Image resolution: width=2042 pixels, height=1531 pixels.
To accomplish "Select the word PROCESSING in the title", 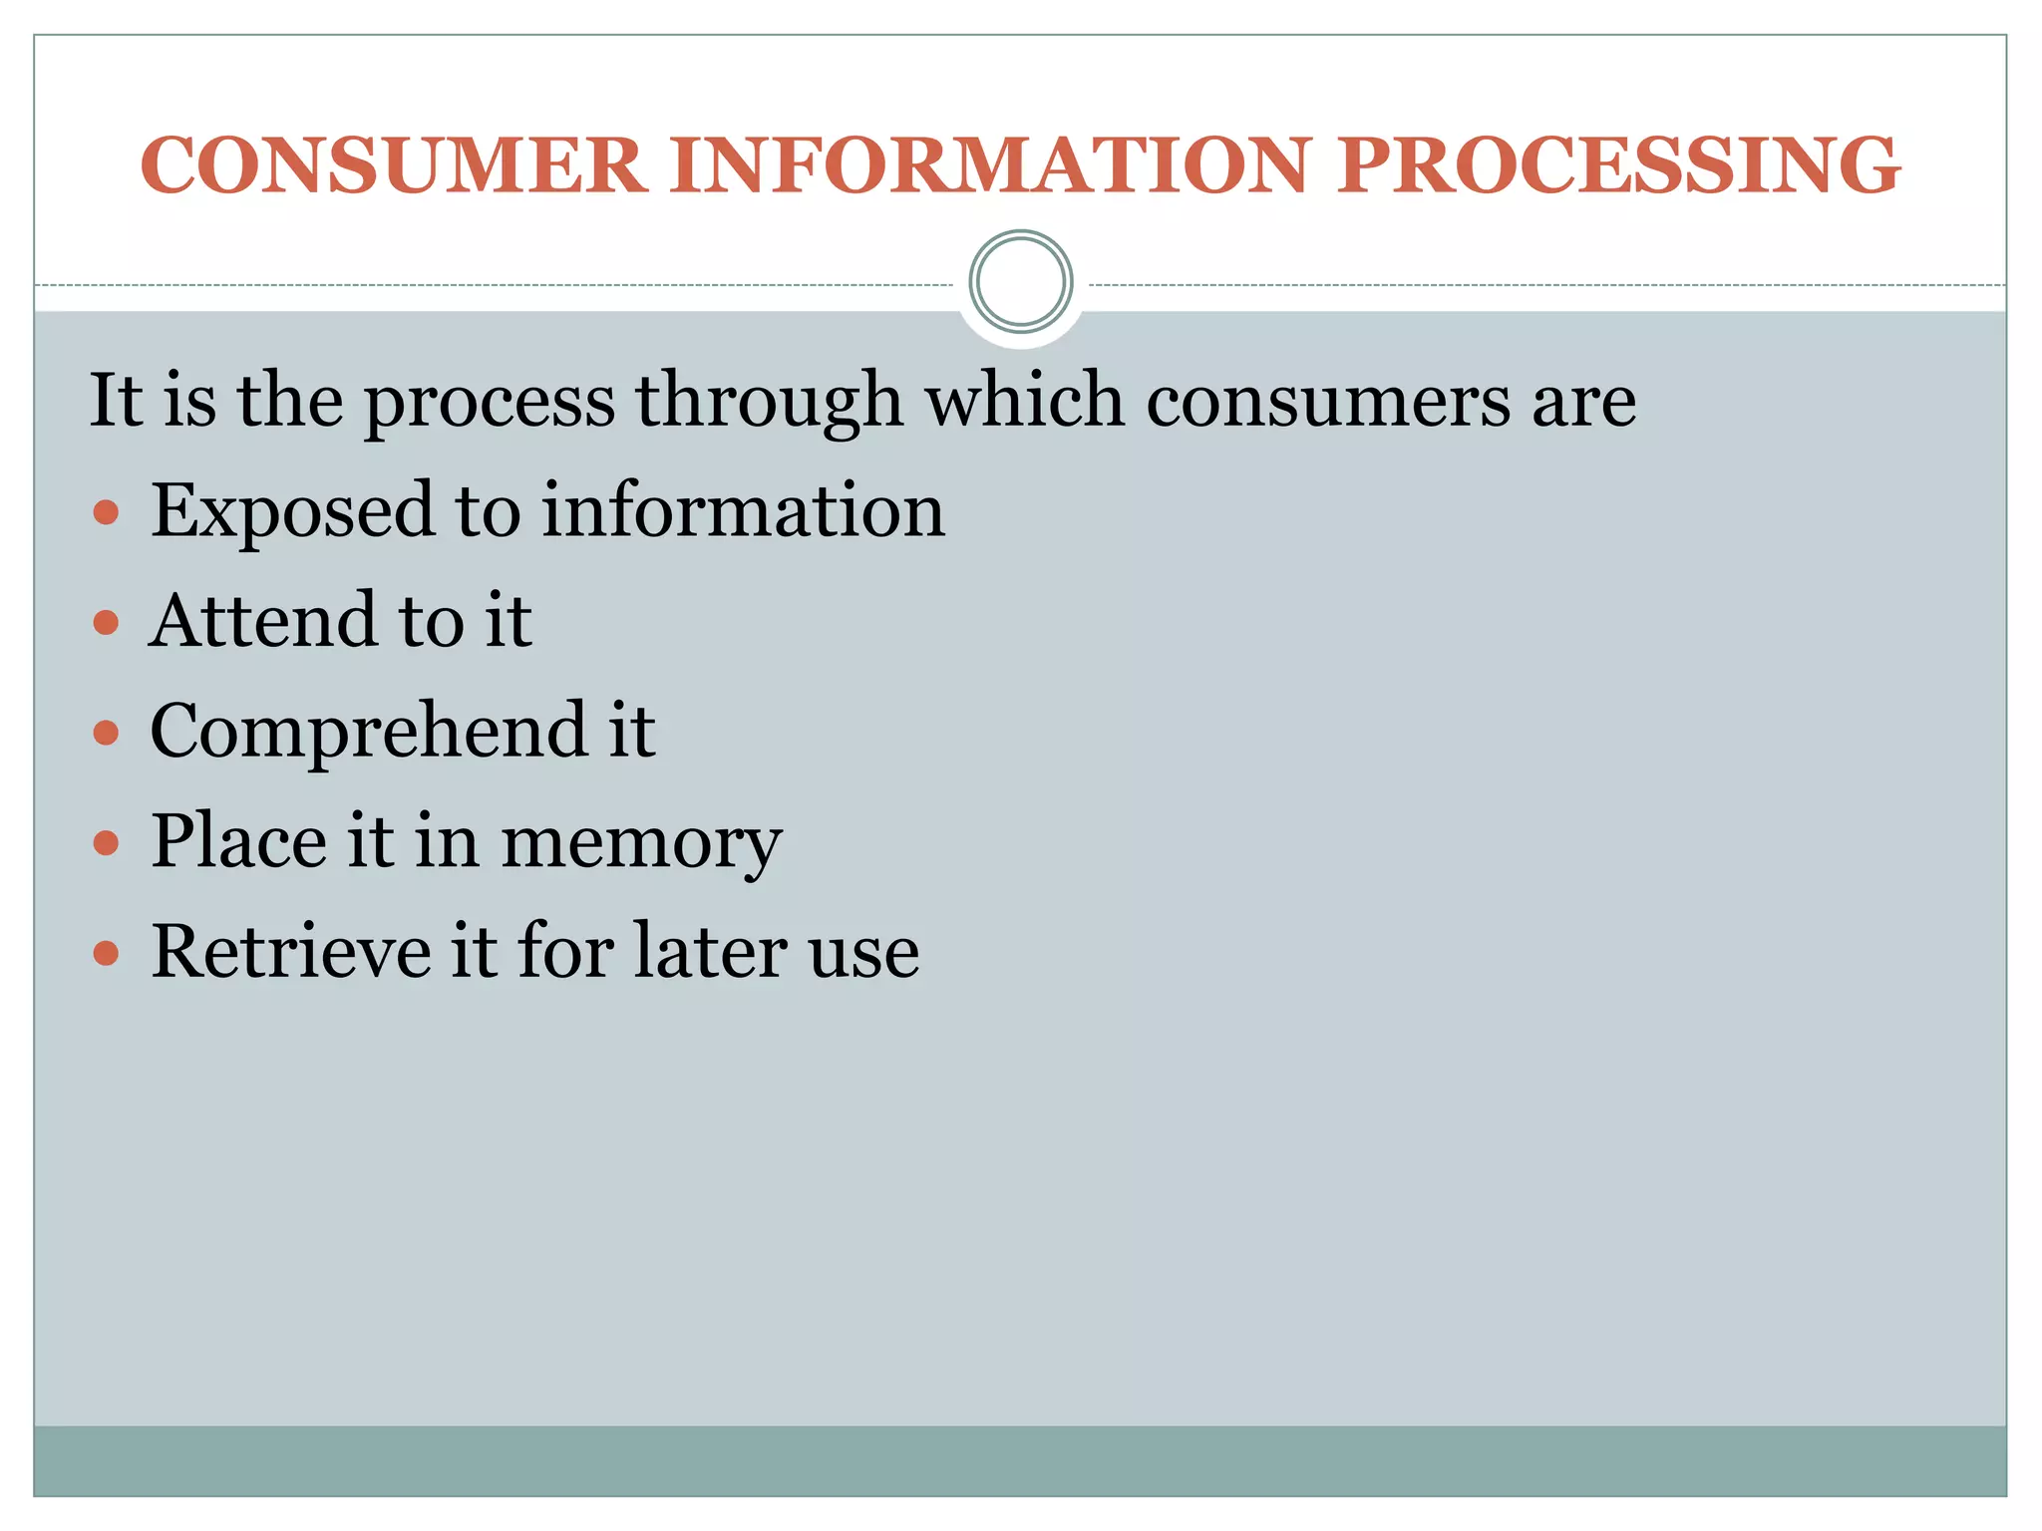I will tap(1618, 164).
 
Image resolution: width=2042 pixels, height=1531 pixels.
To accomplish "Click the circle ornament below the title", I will tap(1020, 282).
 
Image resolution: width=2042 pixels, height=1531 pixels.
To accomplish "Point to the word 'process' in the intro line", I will tap(490, 402).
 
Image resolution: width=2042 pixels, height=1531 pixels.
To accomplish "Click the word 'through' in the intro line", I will tap(769, 402).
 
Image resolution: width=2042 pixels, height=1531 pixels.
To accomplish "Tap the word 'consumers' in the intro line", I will tap(1328, 402).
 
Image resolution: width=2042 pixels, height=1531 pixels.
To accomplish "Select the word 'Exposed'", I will tap(292, 511).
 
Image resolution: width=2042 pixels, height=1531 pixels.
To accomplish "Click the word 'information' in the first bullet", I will tap(743, 511).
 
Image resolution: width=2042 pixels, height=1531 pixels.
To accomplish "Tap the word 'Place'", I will tap(238, 841).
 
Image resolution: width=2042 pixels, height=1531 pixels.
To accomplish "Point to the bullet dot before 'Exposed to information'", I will tap(106, 513).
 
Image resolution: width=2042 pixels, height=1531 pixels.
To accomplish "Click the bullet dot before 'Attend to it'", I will tap(106, 624).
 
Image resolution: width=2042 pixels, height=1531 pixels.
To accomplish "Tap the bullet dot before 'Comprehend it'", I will tap(106, 735).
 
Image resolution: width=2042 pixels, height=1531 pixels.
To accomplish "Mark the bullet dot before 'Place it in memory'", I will tap(106, 844).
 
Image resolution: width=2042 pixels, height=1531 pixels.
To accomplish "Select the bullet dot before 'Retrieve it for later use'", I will tap(106, 954).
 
